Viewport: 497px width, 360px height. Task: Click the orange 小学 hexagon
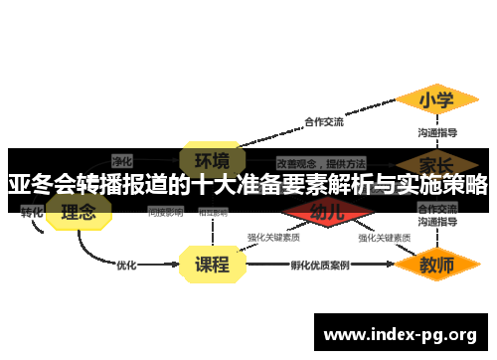click(436, 100)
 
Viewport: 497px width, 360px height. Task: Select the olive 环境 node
click(211, 159)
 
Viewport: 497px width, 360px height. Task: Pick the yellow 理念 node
click(79, 212)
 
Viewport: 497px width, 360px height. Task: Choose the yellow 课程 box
click(211, 265)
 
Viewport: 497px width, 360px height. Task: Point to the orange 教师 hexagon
click(436, 265)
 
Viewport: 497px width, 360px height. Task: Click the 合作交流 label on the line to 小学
click(323, 122)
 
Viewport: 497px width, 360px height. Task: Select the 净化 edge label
click(121, 159)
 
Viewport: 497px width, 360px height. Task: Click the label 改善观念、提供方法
click(321, 162)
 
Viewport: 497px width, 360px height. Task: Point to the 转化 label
click(32, 212)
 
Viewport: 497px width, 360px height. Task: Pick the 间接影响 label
click(165, 212)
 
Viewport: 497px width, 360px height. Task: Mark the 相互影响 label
click(213, 212)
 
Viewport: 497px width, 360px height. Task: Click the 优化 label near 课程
click(126, 266)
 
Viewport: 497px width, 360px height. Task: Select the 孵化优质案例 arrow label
click(319, 266)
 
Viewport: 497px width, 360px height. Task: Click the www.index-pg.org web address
click(401, 332)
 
